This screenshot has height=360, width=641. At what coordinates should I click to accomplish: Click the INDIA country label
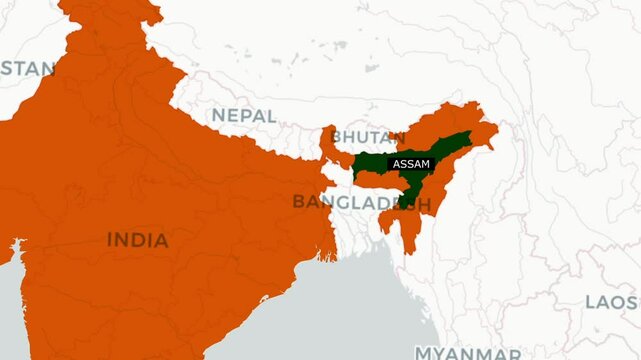(x=138, y=240)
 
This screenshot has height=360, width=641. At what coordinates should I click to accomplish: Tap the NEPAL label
(x=243, y=116)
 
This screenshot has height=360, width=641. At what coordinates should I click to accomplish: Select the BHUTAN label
(x=361, y=135)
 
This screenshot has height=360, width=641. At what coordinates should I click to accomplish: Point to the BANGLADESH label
(x=361, y=202)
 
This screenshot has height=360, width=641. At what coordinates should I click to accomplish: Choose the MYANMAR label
(x=467, y=353)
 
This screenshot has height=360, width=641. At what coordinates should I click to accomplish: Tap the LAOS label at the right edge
(x=612, y=301)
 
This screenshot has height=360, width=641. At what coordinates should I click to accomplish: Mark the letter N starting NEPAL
(x=217, y=116)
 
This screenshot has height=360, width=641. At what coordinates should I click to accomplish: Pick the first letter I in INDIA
(x=110, y=240)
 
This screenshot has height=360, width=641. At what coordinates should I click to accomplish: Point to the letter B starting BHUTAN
(x=336, y=135)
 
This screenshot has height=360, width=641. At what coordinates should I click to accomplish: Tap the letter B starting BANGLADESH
(x=297, y=202)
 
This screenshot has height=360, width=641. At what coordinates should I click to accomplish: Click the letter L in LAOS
(x=591, y=301)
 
